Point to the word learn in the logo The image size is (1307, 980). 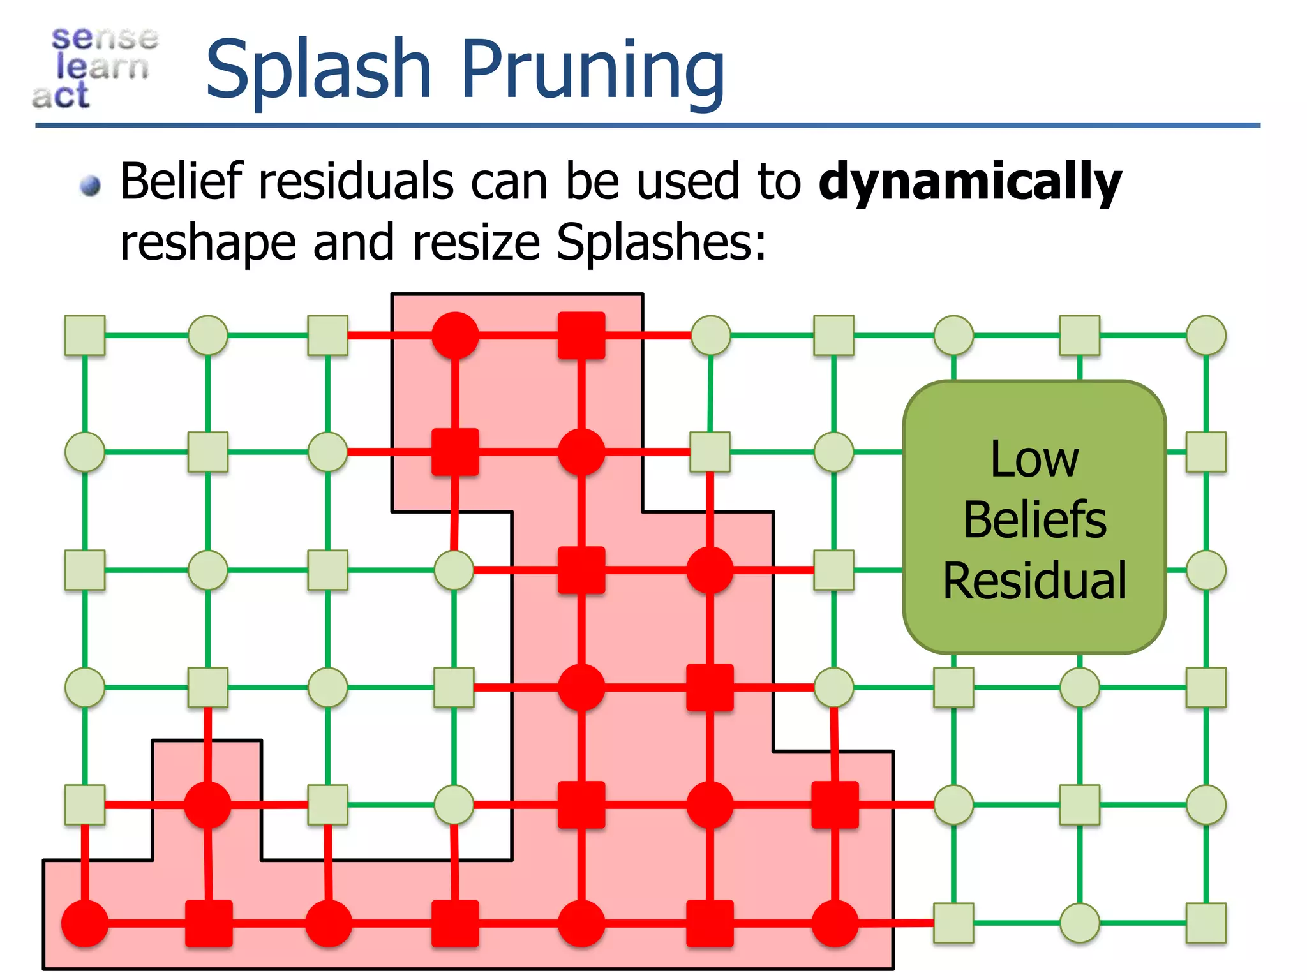click(x=102, y=66)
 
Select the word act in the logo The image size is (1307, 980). click(x=61, y=96)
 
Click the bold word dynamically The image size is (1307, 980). click(x=970, y=182)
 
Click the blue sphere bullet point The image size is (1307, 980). click(x=91, y=186)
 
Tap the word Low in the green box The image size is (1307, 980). click(x=1034, y=459)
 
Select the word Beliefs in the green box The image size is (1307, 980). click(x=1034, y=519)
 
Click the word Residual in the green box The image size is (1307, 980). click(x=1034, y=581)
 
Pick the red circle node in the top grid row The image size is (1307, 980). click(x=455, y=335)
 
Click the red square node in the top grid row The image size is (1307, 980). click(x=581, y=335)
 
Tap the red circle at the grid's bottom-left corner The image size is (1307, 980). click(x=85, y=923)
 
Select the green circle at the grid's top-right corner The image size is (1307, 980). click(x=1206, y=335)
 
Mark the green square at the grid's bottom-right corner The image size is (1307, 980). click(x=1206, y=923)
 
